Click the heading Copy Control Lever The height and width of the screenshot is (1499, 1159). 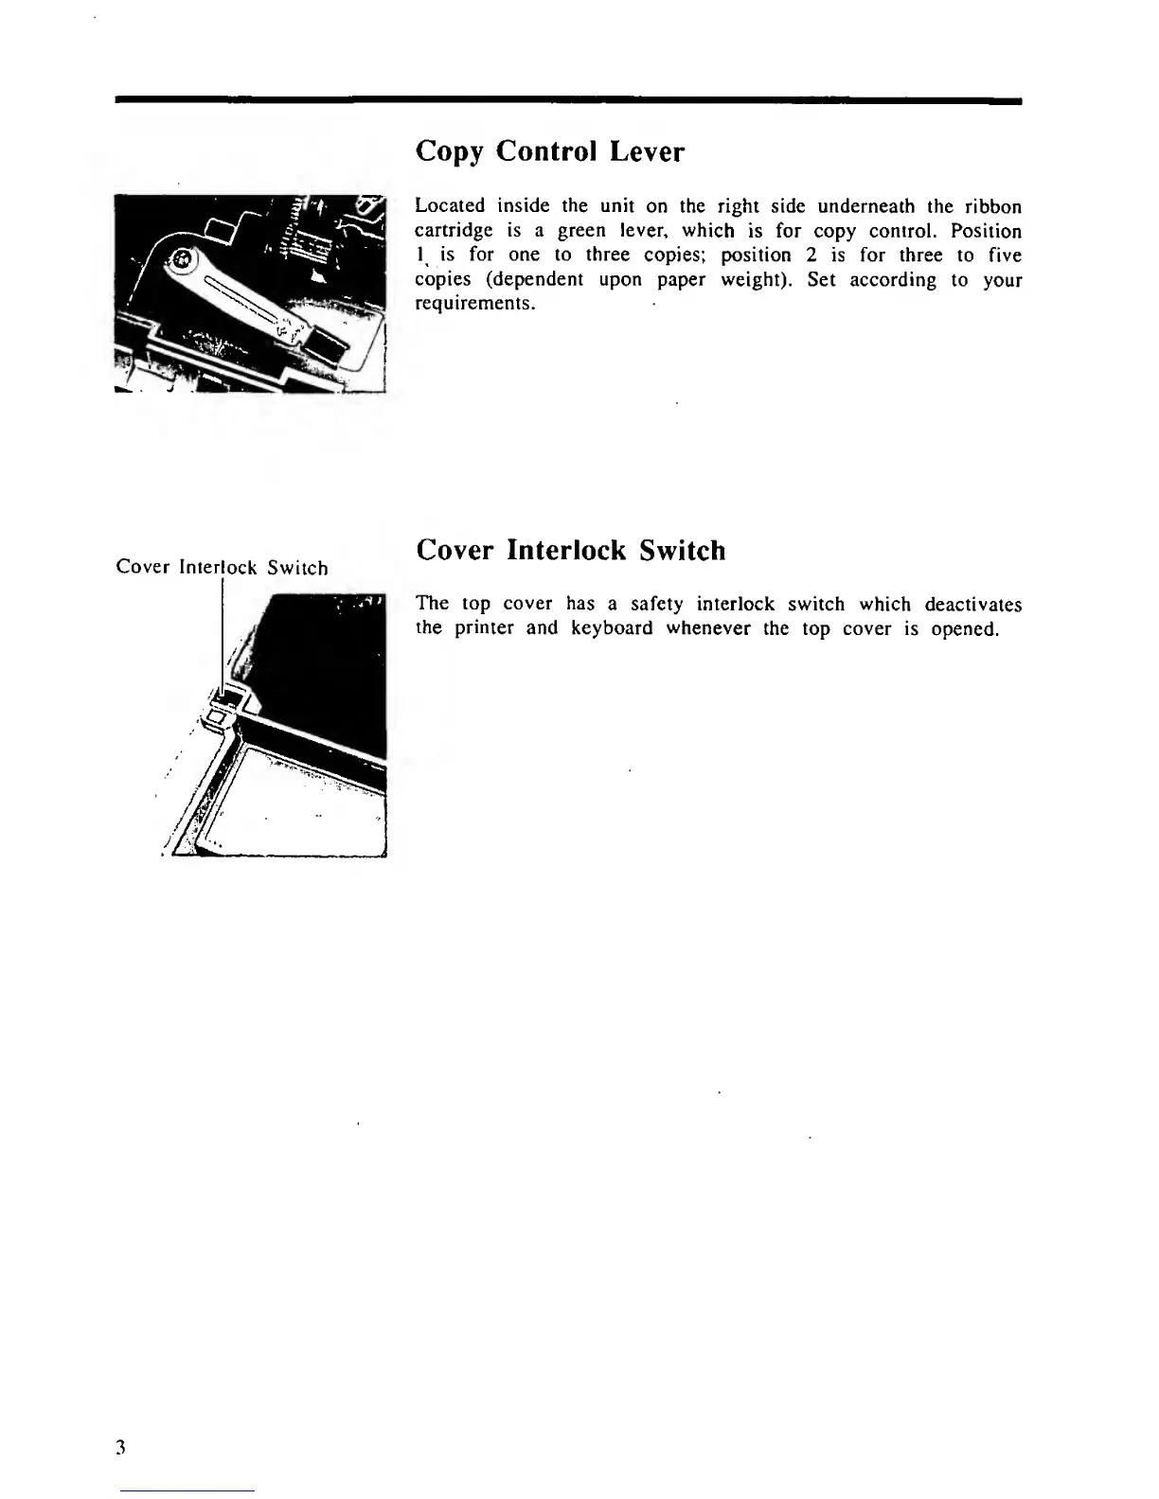[549, 151]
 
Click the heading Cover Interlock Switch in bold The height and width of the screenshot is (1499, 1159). [570, 550]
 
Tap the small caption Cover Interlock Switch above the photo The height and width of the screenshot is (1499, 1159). [222, 568]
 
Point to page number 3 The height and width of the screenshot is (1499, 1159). [120, 1447]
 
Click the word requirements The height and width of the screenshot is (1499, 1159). [475, 304]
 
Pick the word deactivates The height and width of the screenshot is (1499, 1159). [972, 604]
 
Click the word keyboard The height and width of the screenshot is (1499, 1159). [612, 628]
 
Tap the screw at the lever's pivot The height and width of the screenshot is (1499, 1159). [179, 257]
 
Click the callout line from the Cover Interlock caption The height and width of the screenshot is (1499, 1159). [221, 634]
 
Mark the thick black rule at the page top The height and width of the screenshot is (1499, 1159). [568, 99]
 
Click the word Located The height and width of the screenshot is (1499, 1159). [450, 206]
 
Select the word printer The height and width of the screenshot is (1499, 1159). [484, 628]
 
